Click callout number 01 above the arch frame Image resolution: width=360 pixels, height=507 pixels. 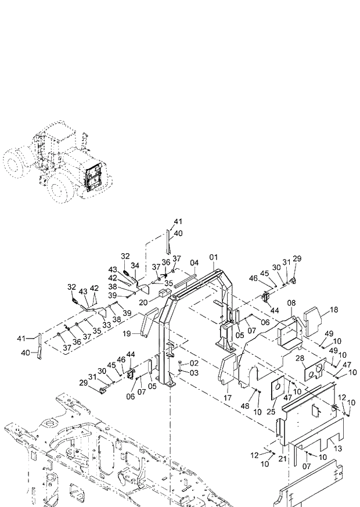click(x=214, y=257)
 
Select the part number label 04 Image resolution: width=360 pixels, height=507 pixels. click(x=194, y=263)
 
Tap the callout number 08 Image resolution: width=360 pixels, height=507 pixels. click(x=291, y=303)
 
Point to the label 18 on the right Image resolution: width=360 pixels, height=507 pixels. click(x=334, y=311)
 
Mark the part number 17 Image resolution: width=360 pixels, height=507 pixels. click(x=227, y=398)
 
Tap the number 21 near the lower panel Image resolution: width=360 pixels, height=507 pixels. click(x=283, y=459)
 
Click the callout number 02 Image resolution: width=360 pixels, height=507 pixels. click(x=195, y=363)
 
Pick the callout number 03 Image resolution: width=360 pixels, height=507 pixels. click(x=195, y=372)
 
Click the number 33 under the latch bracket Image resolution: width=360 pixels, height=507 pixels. click(x=106, y=325)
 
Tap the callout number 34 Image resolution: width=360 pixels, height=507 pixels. click(x=135, y=265)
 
